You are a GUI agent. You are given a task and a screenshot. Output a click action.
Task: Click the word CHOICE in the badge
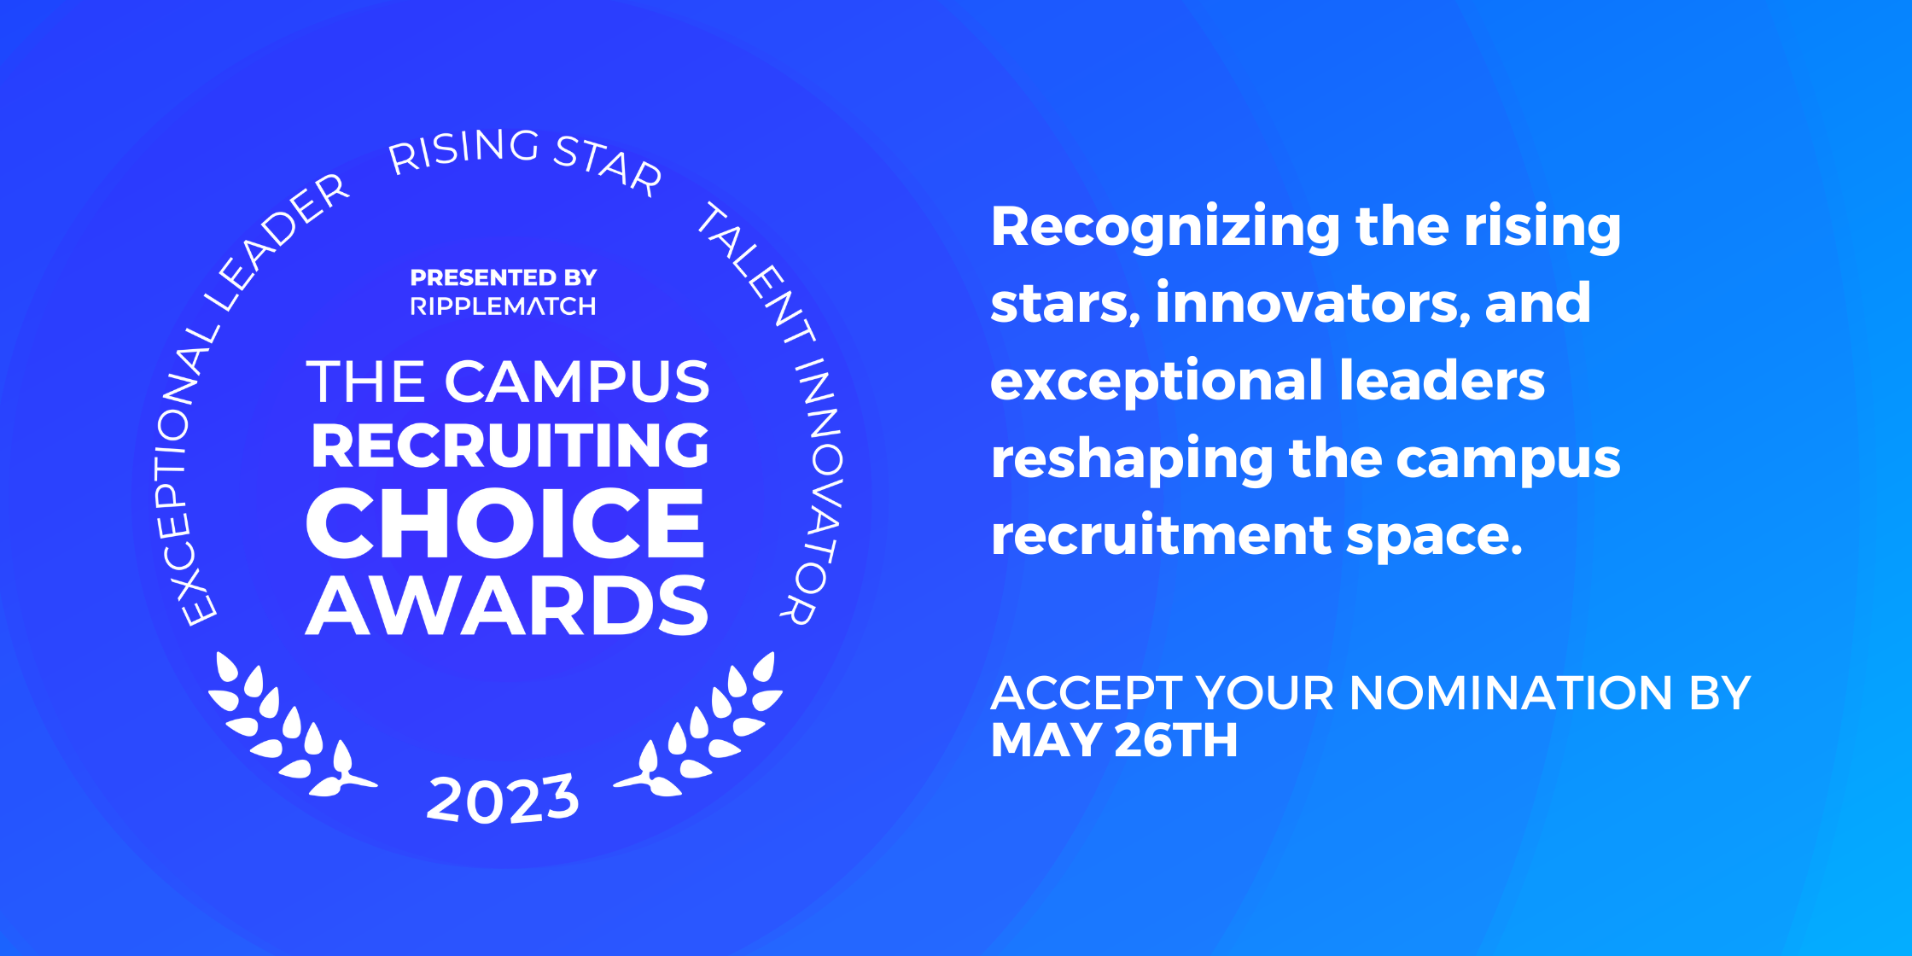point(505,523)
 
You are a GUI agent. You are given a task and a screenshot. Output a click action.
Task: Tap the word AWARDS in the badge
point(507,606)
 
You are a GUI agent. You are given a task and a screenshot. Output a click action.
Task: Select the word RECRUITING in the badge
point(510,446)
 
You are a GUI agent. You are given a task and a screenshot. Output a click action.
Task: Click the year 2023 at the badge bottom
point(503,800)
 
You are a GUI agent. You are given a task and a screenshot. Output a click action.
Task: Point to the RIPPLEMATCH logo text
point(503,306)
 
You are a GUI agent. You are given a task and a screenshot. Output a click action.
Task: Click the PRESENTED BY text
point(503,277)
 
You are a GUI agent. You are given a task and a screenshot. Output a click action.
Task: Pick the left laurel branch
point(282,730)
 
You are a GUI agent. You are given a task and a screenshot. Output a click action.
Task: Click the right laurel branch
point(708,730)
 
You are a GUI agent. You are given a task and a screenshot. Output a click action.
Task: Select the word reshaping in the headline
point(1131,459)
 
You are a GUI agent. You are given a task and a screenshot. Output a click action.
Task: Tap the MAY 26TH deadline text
point(1114,740)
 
